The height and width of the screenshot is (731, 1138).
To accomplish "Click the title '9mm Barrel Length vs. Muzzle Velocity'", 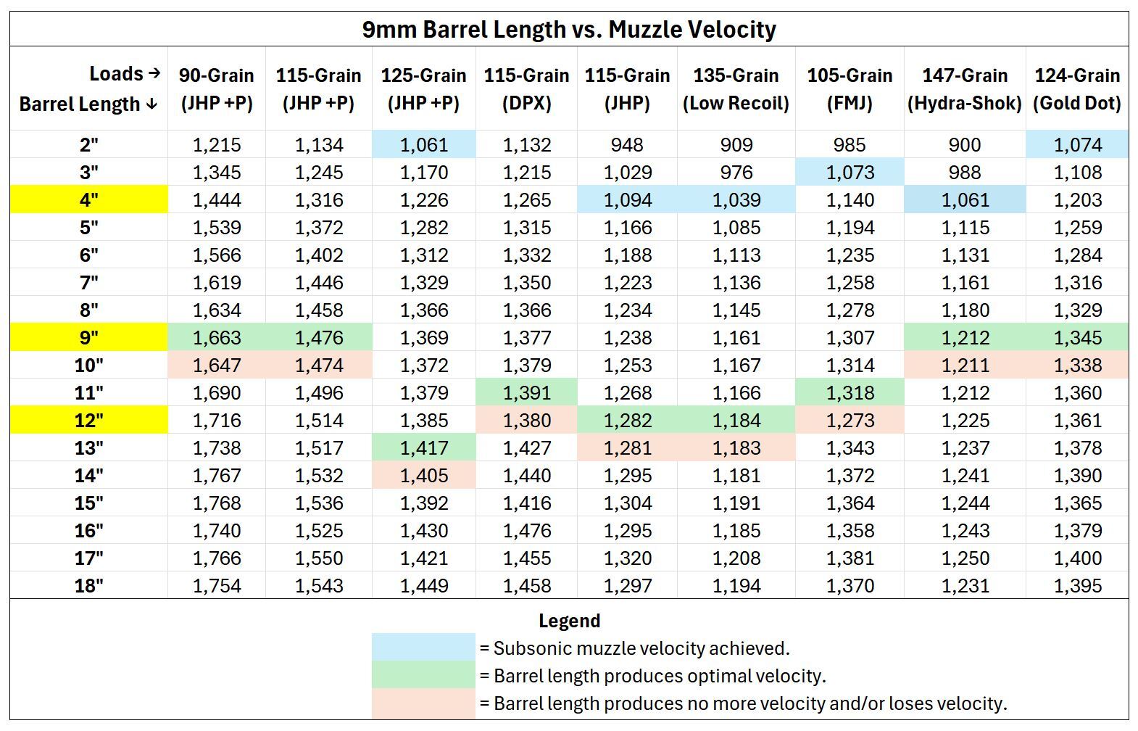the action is click(x=569, y=30).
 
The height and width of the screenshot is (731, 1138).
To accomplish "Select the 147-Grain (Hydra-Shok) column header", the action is click(x=964, y=89).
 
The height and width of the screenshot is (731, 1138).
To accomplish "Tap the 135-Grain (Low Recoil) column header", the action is click(x=736, y=89).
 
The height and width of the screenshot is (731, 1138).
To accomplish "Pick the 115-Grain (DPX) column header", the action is click(x=526, y=89).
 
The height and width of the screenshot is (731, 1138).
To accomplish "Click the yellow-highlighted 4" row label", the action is click(x=89, y=199).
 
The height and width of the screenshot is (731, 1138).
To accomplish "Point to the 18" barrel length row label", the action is click(x=89, y=586).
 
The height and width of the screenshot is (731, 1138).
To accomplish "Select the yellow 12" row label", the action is click(x=89, y=420).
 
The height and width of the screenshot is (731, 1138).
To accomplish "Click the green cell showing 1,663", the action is click(x=217, y=337).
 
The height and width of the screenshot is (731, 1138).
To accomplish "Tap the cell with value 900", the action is click(x=964, y=145).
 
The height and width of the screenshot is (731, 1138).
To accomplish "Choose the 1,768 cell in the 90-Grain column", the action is click(x=217, y=503).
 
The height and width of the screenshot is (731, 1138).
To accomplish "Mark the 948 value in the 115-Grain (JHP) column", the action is click(x=627, y=145).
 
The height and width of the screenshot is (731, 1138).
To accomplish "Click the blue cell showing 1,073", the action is click(x=850, y=173).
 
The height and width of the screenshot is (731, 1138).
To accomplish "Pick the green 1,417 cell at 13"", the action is click(x=424, y=448).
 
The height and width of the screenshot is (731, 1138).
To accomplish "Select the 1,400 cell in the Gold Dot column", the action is click(x=1077, y=558).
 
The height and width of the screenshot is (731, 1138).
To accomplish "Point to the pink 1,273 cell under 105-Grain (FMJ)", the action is click(x=850, y=420).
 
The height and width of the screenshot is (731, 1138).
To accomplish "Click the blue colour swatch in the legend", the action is click(x=424, y=647).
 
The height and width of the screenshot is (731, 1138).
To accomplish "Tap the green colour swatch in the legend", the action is click(x=424, y=674).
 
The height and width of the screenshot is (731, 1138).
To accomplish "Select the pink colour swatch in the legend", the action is click(x=424, y=703).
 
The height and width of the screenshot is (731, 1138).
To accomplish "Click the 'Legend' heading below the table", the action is click(x=569, y=621).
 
